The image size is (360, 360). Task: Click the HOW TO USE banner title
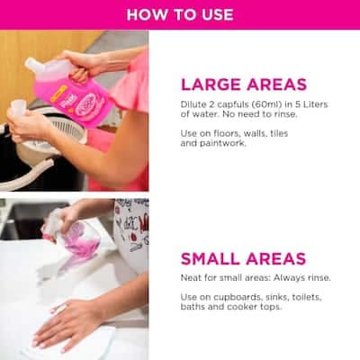click(180, 14)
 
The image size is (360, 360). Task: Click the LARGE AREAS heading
click(244, 85)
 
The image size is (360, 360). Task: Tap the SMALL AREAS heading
click(243, 258)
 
